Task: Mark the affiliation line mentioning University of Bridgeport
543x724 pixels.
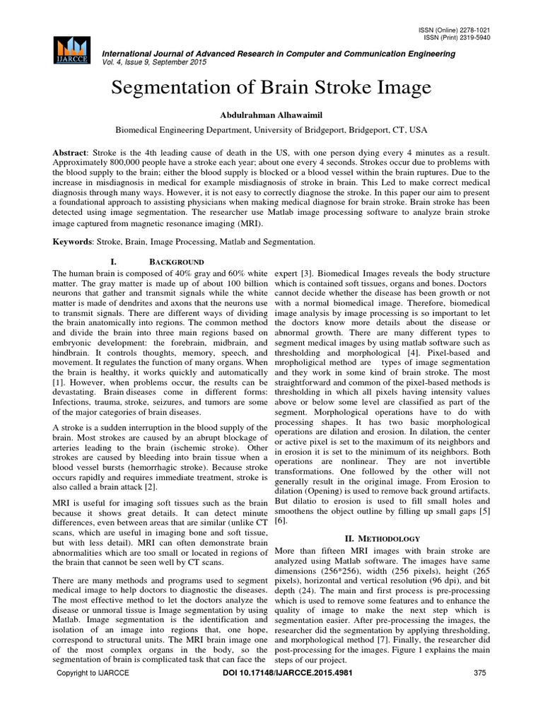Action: coord(271,131)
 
